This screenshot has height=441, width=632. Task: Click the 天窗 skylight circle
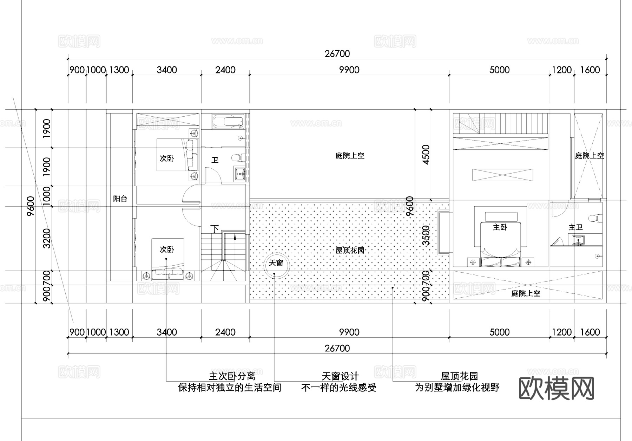pyautogui.click(x=276, y=265)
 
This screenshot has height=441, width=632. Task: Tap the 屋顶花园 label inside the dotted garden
pyautogui.click(x=350, y=250)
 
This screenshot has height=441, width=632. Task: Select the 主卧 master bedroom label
pyautogui.click(x=500, y=227)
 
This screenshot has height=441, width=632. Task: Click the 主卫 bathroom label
pyautogui.click(x=575, y=227)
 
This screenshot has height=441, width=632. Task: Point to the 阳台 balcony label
pyautogui.click(x=120, y=199)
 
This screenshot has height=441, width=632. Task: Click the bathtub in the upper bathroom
pyautogui.click(x=228, y=122)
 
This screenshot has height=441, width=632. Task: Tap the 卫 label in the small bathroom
pyautogui.click(x=215, y=160)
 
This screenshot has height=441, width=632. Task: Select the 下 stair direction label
pyautogui.click(x=215, y=229)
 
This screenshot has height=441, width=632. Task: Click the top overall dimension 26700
pyautogui.click(x=337, y=54)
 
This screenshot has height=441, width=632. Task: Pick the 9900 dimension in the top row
pyautogui.click(x=349, y=70)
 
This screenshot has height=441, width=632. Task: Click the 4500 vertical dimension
pyautogui.click(x=426, y=155)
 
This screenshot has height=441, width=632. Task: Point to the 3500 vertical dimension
pyautogui.click(x=426, y=235)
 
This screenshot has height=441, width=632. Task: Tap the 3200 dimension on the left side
pyautogui.click(x=47, y=238)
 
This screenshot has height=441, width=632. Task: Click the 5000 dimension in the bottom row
pyautogui.click(x=499, y=332)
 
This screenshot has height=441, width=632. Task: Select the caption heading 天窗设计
pyautogui.click(x=340, y=376)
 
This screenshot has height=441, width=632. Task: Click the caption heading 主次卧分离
pyautogui.click(x=232, y=376)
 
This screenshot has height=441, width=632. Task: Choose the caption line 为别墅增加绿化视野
pyautogui.click(x=457, y=388)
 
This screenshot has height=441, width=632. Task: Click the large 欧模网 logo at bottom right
pyautogui.click(x=556, y=389)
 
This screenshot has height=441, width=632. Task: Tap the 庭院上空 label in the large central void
pyautogui.click(x=350, y=156)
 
